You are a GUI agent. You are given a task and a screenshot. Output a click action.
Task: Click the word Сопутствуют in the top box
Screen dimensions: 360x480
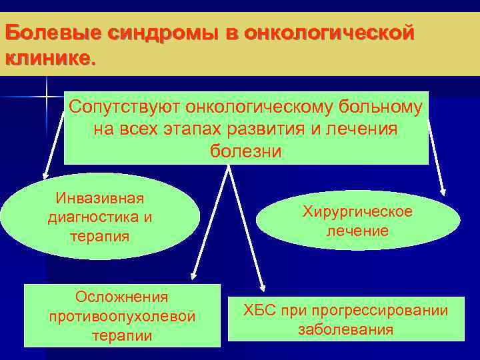coord(125,107)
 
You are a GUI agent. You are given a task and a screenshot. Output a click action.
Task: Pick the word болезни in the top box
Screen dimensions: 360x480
coord(246,151)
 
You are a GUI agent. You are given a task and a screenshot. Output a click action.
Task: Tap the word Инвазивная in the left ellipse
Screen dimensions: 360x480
coord(100,198)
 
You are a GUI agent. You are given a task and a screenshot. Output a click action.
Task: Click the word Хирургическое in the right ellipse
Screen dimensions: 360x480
coord(357,212)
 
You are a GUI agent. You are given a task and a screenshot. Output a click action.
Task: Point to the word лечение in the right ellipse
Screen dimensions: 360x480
coord(357,231)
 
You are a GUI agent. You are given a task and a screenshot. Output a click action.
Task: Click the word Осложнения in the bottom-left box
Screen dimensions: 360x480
coord(122,297)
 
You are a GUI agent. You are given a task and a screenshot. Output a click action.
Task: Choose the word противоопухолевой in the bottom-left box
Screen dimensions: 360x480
coord(122,316)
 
